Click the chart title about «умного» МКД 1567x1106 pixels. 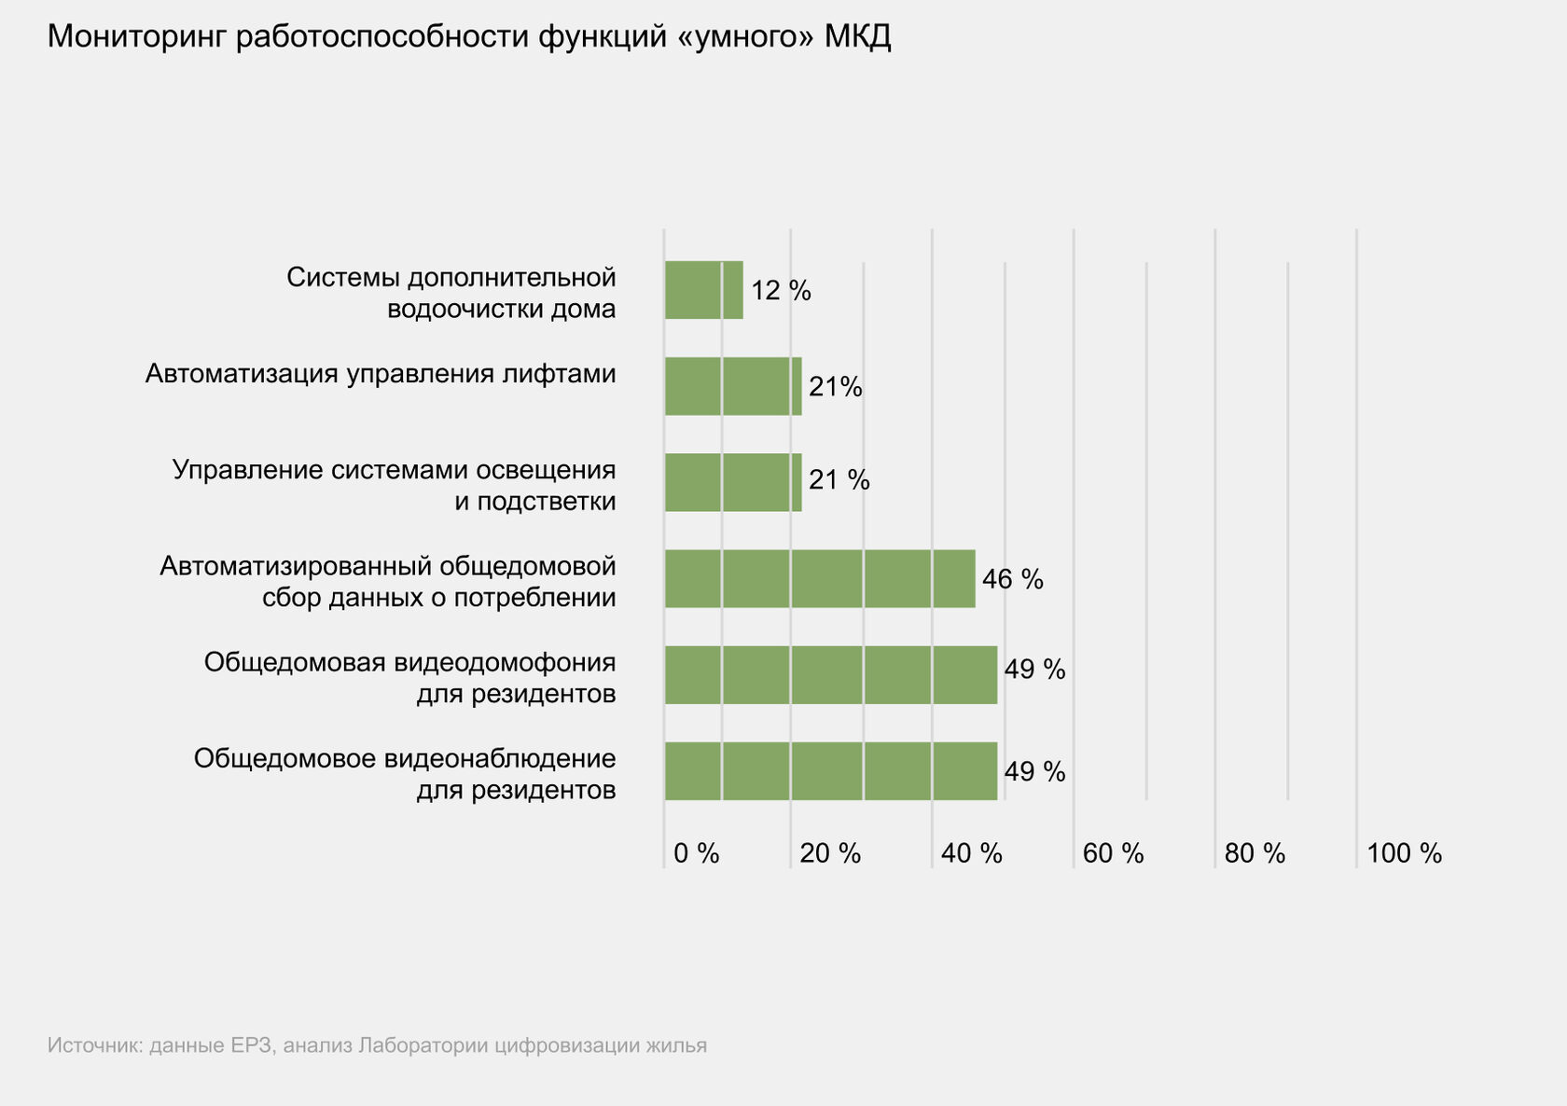coord(469,37)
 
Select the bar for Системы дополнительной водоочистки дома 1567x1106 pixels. coord(703,290)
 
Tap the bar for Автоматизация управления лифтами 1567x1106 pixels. coord(733,386)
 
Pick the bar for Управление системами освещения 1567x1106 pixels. coord(733,482)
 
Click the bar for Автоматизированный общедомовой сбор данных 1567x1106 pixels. coord(820,578)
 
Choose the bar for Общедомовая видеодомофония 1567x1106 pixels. coord(830,674)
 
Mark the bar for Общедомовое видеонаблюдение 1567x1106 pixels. coord(830,771)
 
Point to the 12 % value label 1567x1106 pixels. coord(781,291)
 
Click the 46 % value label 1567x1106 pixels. coord(1012,579)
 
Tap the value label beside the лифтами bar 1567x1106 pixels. coord(835,386)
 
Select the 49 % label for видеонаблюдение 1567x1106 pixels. coord(1034,771)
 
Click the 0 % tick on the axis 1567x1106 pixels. coord(696,853)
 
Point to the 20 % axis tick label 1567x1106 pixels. coord(830,853)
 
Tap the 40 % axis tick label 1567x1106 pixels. coord(971,853)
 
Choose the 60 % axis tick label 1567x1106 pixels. coord(1113,853)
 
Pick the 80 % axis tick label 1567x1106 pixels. coord(1255,853)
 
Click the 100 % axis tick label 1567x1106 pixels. coord(1404,853)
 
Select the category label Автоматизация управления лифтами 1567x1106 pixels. coord(381,374)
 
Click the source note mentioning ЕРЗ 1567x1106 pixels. coord(377,1045)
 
